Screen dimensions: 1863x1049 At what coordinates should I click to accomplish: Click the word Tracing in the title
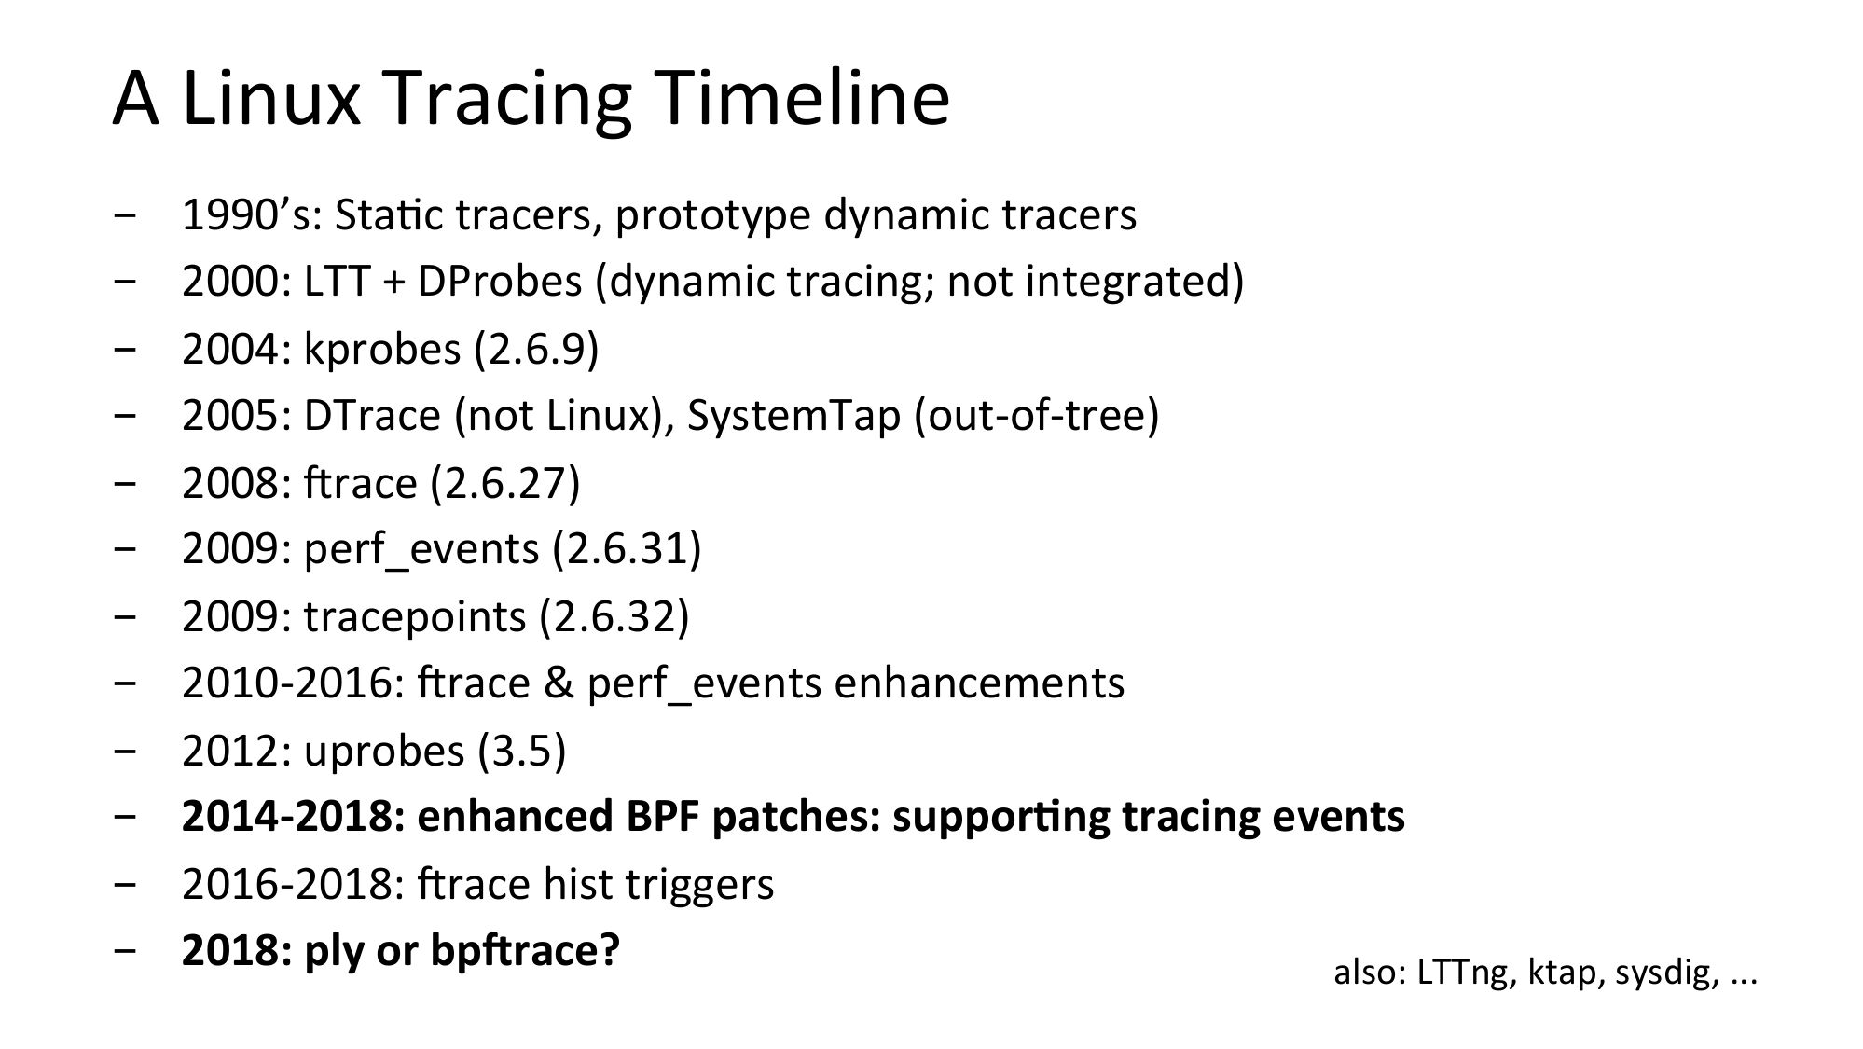[x=508, y=102]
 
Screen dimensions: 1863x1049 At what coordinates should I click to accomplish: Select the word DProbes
[x=500, y=283]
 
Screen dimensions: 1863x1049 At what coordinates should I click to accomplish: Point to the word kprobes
[x=382, y=350]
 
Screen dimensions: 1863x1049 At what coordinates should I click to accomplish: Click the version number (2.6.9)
[x=536, y=350]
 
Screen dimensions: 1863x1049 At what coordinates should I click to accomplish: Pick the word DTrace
[x=372, y=416]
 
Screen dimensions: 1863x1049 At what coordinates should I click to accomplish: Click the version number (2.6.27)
[x=505, y=483]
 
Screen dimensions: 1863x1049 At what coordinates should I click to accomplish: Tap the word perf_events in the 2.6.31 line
[x=421, y=550]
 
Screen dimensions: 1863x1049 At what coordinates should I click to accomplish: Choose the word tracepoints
[x=415, y=617]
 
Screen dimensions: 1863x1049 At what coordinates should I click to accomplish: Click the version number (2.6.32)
[x=614, y=617]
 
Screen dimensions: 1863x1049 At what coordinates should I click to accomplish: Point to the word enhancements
[x=979, y=683]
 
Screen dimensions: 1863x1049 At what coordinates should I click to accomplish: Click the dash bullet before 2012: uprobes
[x=123, y=752]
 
